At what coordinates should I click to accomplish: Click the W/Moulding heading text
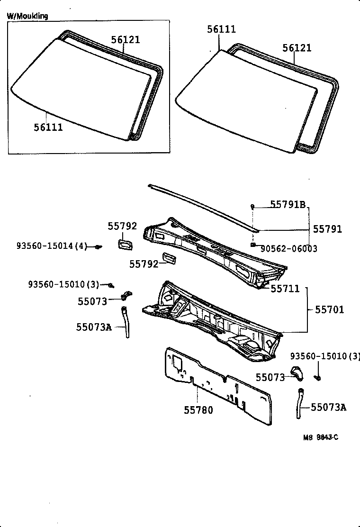click(x=27, y=16)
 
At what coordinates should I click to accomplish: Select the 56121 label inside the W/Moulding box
click(x=126, y=40)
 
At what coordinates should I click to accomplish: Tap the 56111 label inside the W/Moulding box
click(x=48, y=127)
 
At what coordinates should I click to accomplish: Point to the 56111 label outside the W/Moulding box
click(x=221, y=29)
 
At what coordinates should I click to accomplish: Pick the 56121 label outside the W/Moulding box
click(x=297, y=48)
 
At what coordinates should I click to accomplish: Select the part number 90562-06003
click(x=289, y=249)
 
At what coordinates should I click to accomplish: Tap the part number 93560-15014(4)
click(x=52, y=246)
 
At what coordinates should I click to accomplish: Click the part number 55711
click(x=285, y=288)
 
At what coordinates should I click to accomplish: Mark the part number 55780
click(x=198, y=410)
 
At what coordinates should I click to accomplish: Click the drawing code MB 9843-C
click(x=321, y=437)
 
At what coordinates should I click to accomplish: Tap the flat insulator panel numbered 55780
click(x=218, y=389)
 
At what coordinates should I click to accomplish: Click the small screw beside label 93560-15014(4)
click(x=98, y=246)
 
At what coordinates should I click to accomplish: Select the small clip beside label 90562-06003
click(x=254, y=244)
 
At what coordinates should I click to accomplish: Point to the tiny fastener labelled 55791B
click(x=253, y=206)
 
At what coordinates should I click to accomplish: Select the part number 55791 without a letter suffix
click(x=327, y=229)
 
